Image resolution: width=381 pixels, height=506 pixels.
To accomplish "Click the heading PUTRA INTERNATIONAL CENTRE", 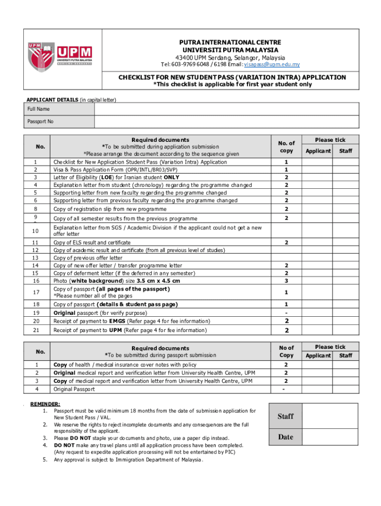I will point(230,42).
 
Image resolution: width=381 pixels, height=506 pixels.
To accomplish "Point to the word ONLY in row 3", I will point(171,177).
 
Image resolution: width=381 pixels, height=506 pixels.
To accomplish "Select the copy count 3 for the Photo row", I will point(286,281).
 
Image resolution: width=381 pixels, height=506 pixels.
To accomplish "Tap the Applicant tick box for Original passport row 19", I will point(317,313).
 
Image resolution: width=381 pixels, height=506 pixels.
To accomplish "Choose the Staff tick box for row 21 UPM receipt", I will point(345,331).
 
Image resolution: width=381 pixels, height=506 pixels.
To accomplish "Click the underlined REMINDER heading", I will point(46,404).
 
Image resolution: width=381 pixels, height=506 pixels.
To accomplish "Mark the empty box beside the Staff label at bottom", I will point(330,416).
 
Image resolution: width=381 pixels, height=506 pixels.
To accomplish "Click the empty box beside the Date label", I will point(330,437).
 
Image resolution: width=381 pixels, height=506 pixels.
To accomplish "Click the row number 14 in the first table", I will point(35,265).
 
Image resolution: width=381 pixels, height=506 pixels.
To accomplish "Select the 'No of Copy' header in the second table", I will point(286,351).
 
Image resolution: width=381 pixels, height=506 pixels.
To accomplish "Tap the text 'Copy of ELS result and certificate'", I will point(92,243).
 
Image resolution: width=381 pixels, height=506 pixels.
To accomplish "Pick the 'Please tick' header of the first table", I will point(331,140).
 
